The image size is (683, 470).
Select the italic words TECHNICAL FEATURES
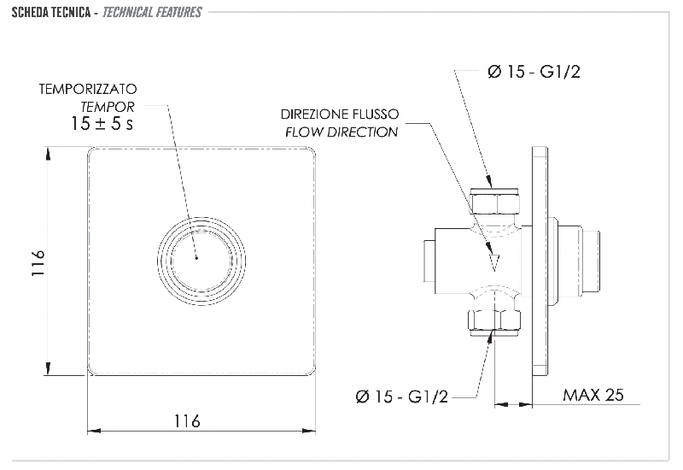click(x=152, y=12)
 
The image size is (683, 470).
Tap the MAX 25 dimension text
click(x=593, y=395)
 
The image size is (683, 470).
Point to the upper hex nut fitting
click(x=494, y=202)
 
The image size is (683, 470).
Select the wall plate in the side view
click(x=540, y=260)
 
